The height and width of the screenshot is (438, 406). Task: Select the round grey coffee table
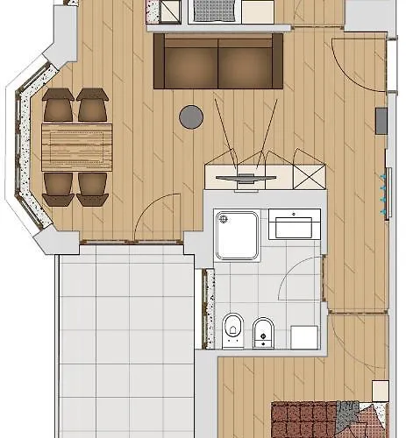click(191, 117)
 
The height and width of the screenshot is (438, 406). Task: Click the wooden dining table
click(77, 145)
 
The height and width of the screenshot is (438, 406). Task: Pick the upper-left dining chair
click(59, 107)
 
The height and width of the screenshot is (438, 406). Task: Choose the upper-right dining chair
click(91, 107)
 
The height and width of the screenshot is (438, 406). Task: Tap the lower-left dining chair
click(59, 186)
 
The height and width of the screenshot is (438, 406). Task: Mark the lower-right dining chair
click(91, 187)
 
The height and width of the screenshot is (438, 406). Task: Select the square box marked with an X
click(309, 173)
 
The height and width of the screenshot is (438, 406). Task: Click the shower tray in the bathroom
click(237, 235)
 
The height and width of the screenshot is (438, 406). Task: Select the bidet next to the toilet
click(262, 329)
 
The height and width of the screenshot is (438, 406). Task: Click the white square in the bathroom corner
click(304, 336)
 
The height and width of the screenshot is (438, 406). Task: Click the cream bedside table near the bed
click(380, 391)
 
